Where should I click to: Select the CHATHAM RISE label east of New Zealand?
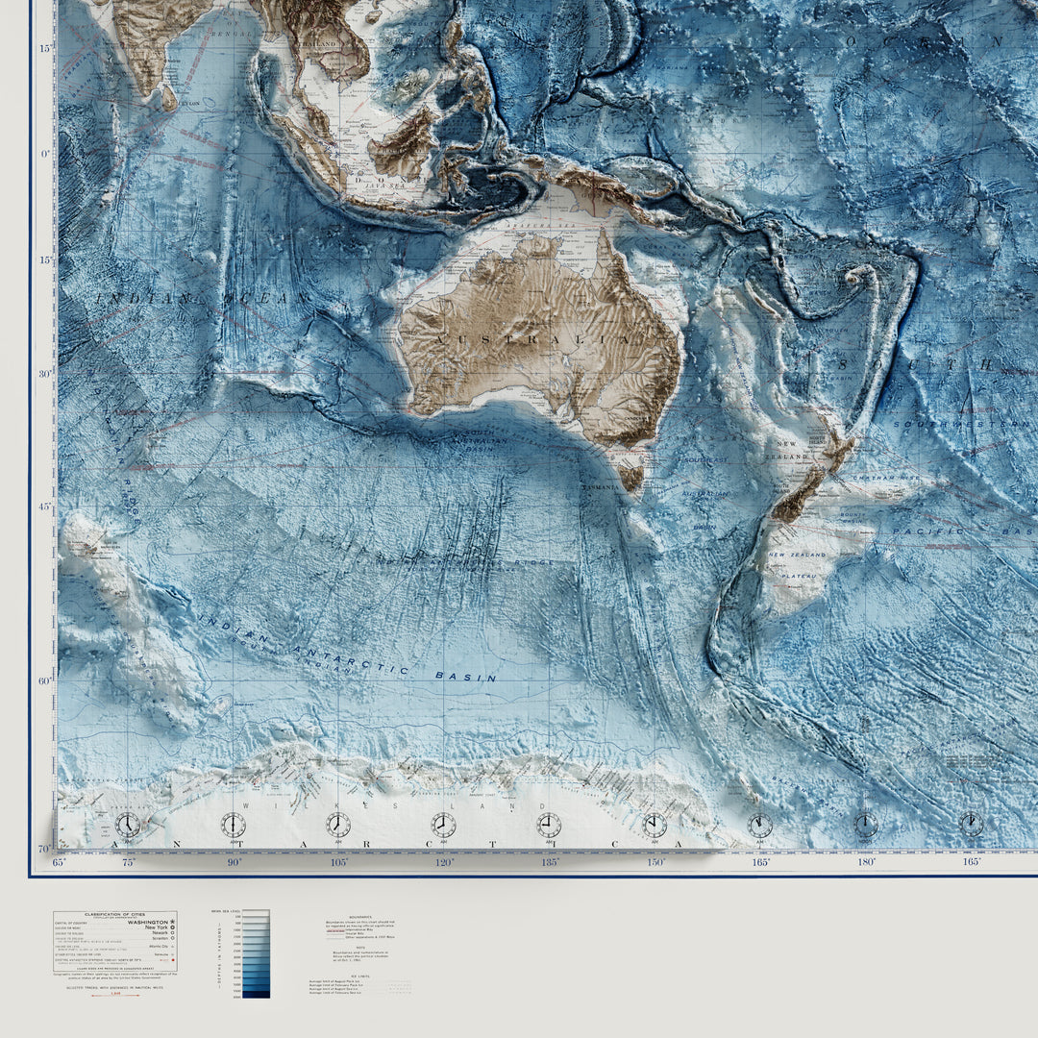(872, 477)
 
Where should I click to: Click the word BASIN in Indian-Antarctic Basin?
(466, 676)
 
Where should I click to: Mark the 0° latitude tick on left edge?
(45, 153)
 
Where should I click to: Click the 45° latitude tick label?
(45, 507)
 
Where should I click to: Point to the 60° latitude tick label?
(45, 680)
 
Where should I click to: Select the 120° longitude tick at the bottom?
(444, 862)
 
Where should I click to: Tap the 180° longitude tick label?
(866, 862)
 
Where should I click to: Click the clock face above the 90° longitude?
(233, 825)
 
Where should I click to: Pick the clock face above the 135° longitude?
(549, 825)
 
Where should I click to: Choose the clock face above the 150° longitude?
(655, 825)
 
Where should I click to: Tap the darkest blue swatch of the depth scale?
(256, 994)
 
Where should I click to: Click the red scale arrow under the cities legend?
(114, 996)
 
